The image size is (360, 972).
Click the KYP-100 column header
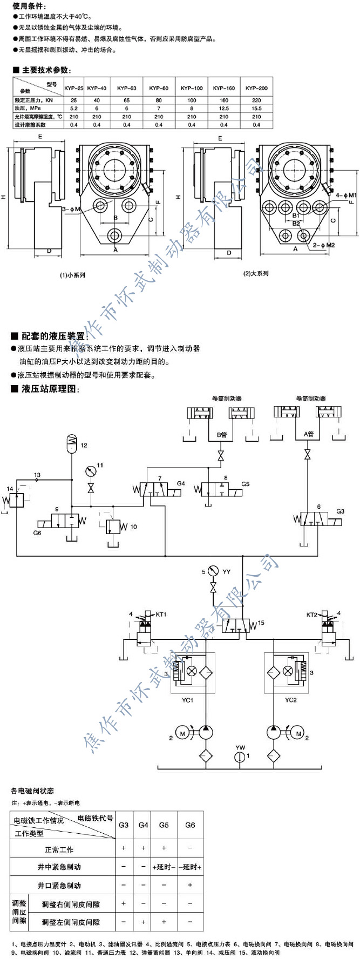pos(192,87)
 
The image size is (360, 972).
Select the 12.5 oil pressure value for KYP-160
pos(224,108)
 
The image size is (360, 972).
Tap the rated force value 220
pos(256,100)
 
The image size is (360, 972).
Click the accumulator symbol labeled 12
pos(72,442)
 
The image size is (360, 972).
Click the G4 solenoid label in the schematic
pos(181,483)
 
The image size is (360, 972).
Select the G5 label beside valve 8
pos(246,484)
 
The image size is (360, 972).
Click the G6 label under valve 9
pos(37,533)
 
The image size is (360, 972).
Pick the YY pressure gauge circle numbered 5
pos(212,571)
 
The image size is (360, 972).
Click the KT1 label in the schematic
pos(161,614)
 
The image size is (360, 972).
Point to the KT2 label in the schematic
pos(312,615)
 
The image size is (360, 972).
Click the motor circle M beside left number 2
pos(182,733)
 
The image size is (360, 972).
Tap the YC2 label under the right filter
pos(291,700)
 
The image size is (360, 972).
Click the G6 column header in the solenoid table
pos(190,825)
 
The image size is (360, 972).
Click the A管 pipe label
pos(309,434)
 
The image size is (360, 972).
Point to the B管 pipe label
pos(221,434)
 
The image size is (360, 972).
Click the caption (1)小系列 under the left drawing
pos(72,275)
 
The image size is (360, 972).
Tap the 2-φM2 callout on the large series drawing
pos(329,245)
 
